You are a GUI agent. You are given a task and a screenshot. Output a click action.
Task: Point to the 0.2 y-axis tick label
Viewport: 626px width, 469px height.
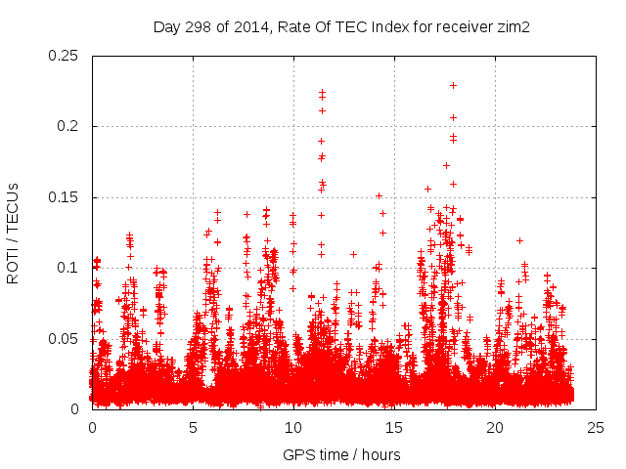pyautogui.click(x=68, y=126)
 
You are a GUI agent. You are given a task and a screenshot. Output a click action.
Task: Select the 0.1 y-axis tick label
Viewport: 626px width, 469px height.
pyautogui.click(x=68, y=268)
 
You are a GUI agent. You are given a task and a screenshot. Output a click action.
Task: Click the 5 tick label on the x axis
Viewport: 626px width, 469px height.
pyautogui.click(x=193, y=427)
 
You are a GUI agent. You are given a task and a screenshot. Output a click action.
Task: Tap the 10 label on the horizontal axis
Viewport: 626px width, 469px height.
pyautogui.click(x=293, y=427)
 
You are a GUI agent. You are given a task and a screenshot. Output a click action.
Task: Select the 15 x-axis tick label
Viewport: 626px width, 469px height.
pyautogui.click(x=394, y=427)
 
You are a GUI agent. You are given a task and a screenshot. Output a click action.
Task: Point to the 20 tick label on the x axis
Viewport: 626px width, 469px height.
pyautogui.click(x=495, y=427)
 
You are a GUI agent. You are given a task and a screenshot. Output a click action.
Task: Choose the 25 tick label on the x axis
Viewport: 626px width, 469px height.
pyautogui.click(x=596, y=427)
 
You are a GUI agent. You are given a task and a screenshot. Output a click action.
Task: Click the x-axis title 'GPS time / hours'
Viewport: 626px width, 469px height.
pyautogui.click(x=342, y=454)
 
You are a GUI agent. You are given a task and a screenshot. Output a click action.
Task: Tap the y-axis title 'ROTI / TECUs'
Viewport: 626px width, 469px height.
pyautogui.click(x=14, y=233)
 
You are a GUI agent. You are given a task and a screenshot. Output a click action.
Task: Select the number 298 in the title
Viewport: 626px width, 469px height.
pyautogui.click(x=200, y=27)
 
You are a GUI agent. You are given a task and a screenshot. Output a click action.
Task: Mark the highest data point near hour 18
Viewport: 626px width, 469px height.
pyautogui.click(x=454, y=85)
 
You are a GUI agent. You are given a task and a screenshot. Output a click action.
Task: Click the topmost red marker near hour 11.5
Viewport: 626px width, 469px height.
pyautogui.click(x=322, y=92)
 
